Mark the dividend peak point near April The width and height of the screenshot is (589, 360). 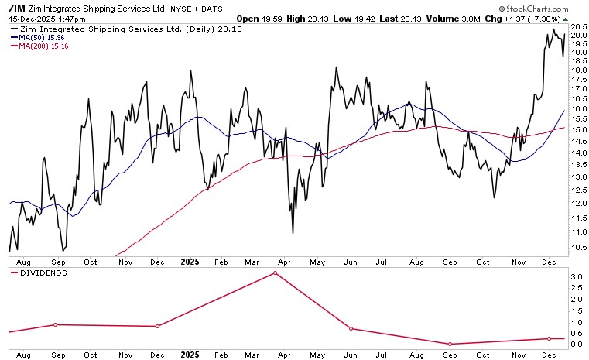[x=276, y=273]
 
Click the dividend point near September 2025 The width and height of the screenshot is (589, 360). [x=450, y=344]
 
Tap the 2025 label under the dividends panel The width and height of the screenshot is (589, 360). [x=190, y=354]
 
